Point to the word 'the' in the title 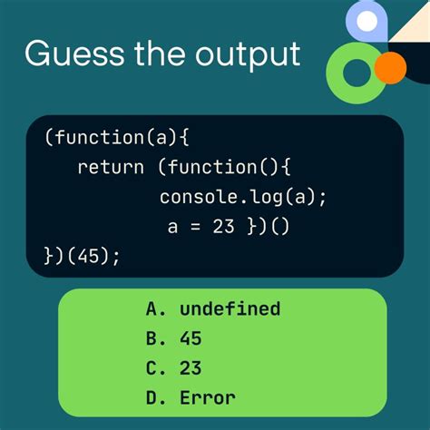[162, 54]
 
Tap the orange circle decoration [389, 67]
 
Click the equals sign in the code [197, 226]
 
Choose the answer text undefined [230, 309]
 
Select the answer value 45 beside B [191, 338]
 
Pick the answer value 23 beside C [191, 367]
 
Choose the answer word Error [207, 396]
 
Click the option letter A [151, 309]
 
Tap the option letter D [151, 396]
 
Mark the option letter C [151, 367]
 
